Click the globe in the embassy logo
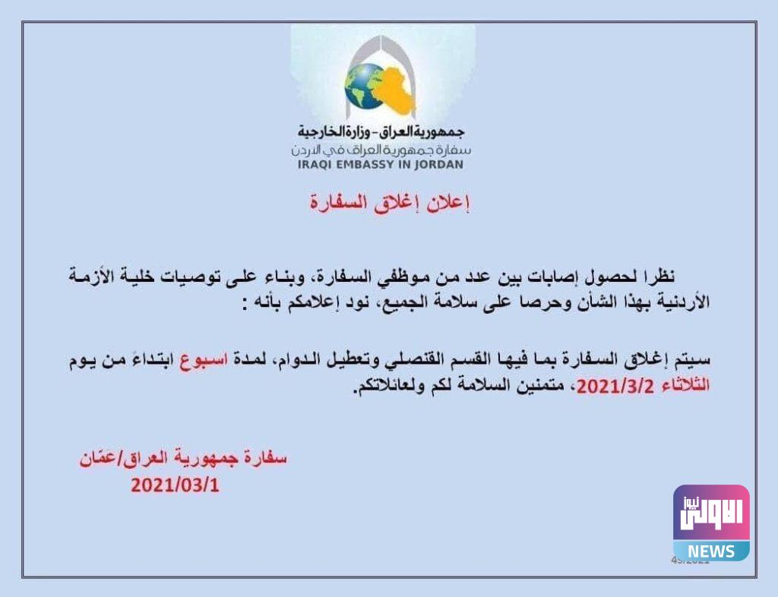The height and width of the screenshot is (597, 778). click(364, 86)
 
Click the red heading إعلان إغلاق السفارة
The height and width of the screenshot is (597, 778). click(389, 203)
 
